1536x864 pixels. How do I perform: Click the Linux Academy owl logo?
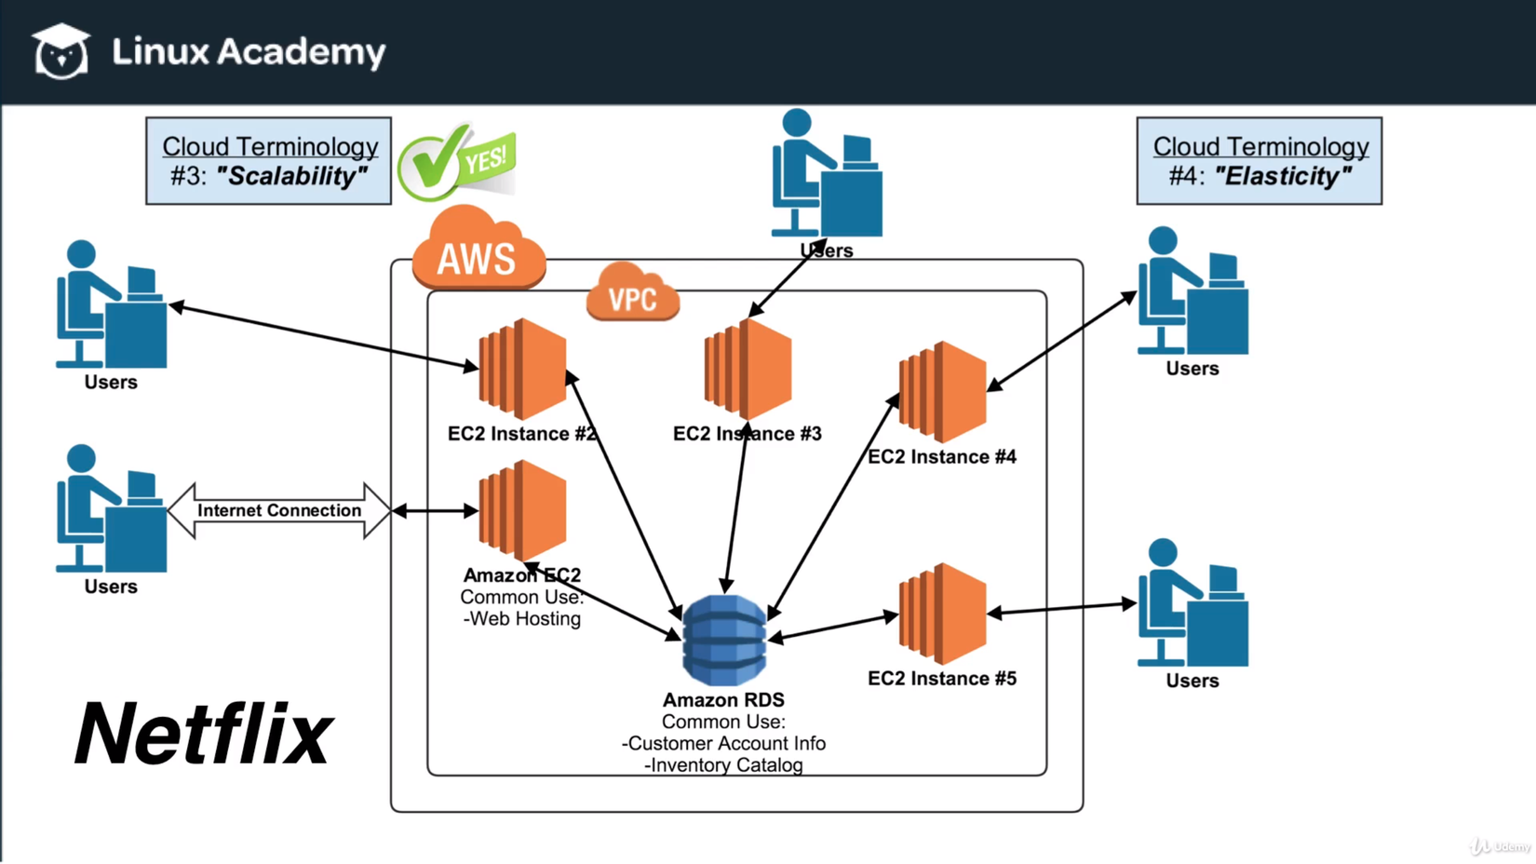tap(61, 51)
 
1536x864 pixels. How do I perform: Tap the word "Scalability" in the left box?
tap(292, 176)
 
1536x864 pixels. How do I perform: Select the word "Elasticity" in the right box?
tap(1283, 176)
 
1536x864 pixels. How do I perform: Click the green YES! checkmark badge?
tap(456, 162)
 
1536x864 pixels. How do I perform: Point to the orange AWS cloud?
tap(478, 250)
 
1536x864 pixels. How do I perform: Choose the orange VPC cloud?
tap(633, 294)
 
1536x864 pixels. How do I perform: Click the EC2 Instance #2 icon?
tap(522, 370)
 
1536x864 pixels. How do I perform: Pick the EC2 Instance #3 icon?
tap(748, 370)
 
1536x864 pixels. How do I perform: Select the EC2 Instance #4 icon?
tap(942, 392)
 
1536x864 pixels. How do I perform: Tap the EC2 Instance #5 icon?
tap(942, 614)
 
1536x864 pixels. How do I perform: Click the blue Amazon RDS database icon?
tap(724, 641)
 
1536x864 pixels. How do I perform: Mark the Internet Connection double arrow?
tap(279, 510)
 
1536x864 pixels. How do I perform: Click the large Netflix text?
tap(203, 735)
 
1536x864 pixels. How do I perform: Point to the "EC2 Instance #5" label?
tap(942, 679)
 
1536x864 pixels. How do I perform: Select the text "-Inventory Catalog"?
tap(723, 765)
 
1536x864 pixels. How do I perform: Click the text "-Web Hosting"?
tap(522, 619)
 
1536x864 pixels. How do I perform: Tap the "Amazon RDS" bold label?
tap(723, 700)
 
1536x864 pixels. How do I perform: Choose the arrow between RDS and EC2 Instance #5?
tap(833, 626)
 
